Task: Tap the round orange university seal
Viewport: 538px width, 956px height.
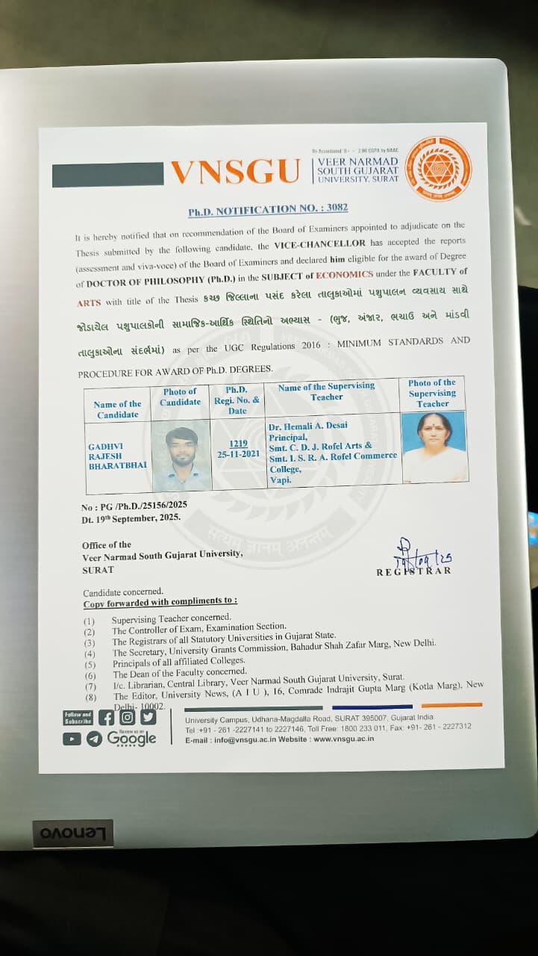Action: pos(440,169)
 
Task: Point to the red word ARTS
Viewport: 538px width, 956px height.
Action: pos(88,302)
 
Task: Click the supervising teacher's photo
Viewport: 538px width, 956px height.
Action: pos(433,446)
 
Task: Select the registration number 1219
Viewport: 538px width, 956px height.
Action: pos(238,444)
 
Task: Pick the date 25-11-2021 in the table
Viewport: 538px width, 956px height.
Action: pos(239,454)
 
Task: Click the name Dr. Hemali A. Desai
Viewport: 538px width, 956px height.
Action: pos(302,426)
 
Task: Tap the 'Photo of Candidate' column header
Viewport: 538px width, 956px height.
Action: pos(180,397)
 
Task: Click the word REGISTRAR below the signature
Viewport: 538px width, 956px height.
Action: pos(413,571)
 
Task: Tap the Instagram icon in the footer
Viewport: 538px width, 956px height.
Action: pos(128,717)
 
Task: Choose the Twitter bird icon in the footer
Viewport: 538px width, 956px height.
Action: pos(148,717)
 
